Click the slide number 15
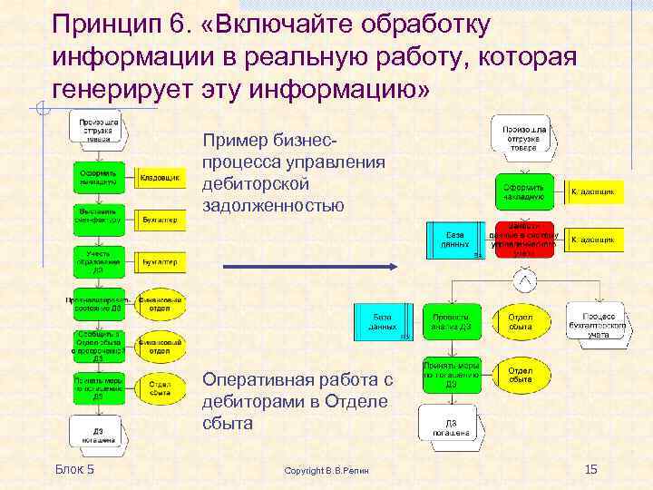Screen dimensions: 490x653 pos(591,468)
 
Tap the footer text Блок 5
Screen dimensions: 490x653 pos(74,468)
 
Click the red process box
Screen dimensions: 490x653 pos(523,240)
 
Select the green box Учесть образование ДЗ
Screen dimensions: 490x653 pos(99,261)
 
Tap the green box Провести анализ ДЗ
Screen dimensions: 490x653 pos(452,320)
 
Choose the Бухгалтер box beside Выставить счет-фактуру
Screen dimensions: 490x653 pos(159,219)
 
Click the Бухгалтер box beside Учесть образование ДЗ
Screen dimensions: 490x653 pos(159,261)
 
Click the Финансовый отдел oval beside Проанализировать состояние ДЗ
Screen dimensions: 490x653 pos(160,303)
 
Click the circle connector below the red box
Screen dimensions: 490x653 pos(523,282)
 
